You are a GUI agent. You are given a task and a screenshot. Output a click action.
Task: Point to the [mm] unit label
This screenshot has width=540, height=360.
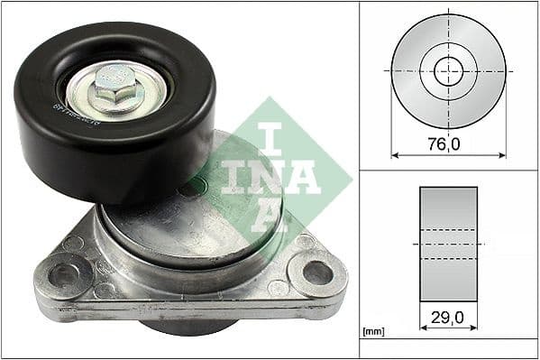[372, 332]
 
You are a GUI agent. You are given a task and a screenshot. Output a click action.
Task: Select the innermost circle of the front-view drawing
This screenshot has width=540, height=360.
[448, 69]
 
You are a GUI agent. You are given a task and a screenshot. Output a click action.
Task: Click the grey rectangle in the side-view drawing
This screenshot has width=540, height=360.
[448, 217]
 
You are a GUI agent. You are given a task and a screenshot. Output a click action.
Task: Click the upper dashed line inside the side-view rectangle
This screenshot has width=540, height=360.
[448, 231]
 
